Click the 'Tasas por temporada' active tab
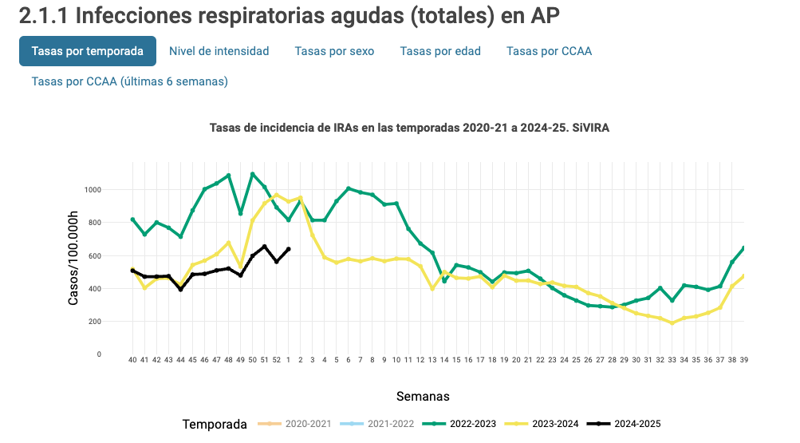[x=88, y=51]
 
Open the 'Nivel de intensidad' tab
[x=219, y=51]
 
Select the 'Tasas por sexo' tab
[x=334, y=51]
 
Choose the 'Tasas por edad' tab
[x=440, y=51]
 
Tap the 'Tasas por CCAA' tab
[x=549, y=51]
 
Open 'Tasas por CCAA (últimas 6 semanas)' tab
[x=130, y=81]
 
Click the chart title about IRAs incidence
[x=409, y=127]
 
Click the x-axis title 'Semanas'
[x=423, y=396]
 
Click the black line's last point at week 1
[x=289, y=249]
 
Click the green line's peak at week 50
[x=253, y=174]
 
